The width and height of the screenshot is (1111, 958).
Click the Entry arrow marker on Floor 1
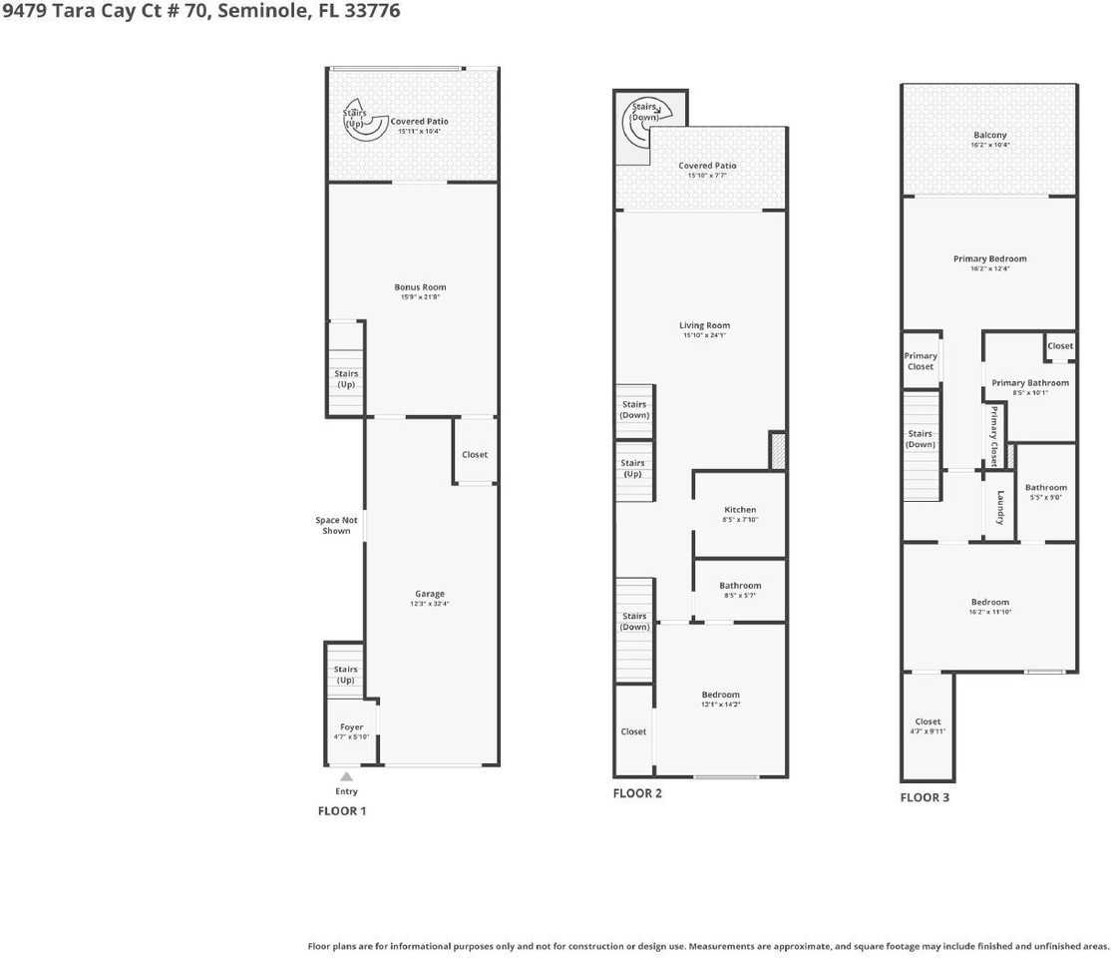click(346, 776)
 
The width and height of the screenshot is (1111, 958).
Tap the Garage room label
click(430, 594)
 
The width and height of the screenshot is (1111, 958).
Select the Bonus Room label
click(420, 287)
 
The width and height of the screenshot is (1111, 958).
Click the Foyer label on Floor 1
click(351, 727)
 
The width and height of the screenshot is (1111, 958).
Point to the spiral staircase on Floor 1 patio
click(364, 121)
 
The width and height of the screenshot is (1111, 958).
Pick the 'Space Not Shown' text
click(336, 525)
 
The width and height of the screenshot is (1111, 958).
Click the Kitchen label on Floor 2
click(740, 510)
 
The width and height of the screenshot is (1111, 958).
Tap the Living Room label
click(705, 325)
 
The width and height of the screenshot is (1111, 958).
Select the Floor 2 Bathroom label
click(740, 586)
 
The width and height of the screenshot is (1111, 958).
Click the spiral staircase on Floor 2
click(642, 121)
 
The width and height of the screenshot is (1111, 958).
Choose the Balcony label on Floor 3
click(989, 135)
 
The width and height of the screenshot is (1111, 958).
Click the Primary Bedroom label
click(989, 258)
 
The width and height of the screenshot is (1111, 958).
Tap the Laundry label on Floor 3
click(1000, 508)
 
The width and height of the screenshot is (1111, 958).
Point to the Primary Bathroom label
click(1029, 382)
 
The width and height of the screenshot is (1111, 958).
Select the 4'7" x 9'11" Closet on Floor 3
click(927, 725)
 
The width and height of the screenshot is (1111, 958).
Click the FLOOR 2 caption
click(637, 793)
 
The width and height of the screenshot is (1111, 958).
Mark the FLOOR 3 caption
click(925, 797)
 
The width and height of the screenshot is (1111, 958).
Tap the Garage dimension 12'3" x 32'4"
click(430, 604)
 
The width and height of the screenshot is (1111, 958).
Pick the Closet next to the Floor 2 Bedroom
click(633, 731)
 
